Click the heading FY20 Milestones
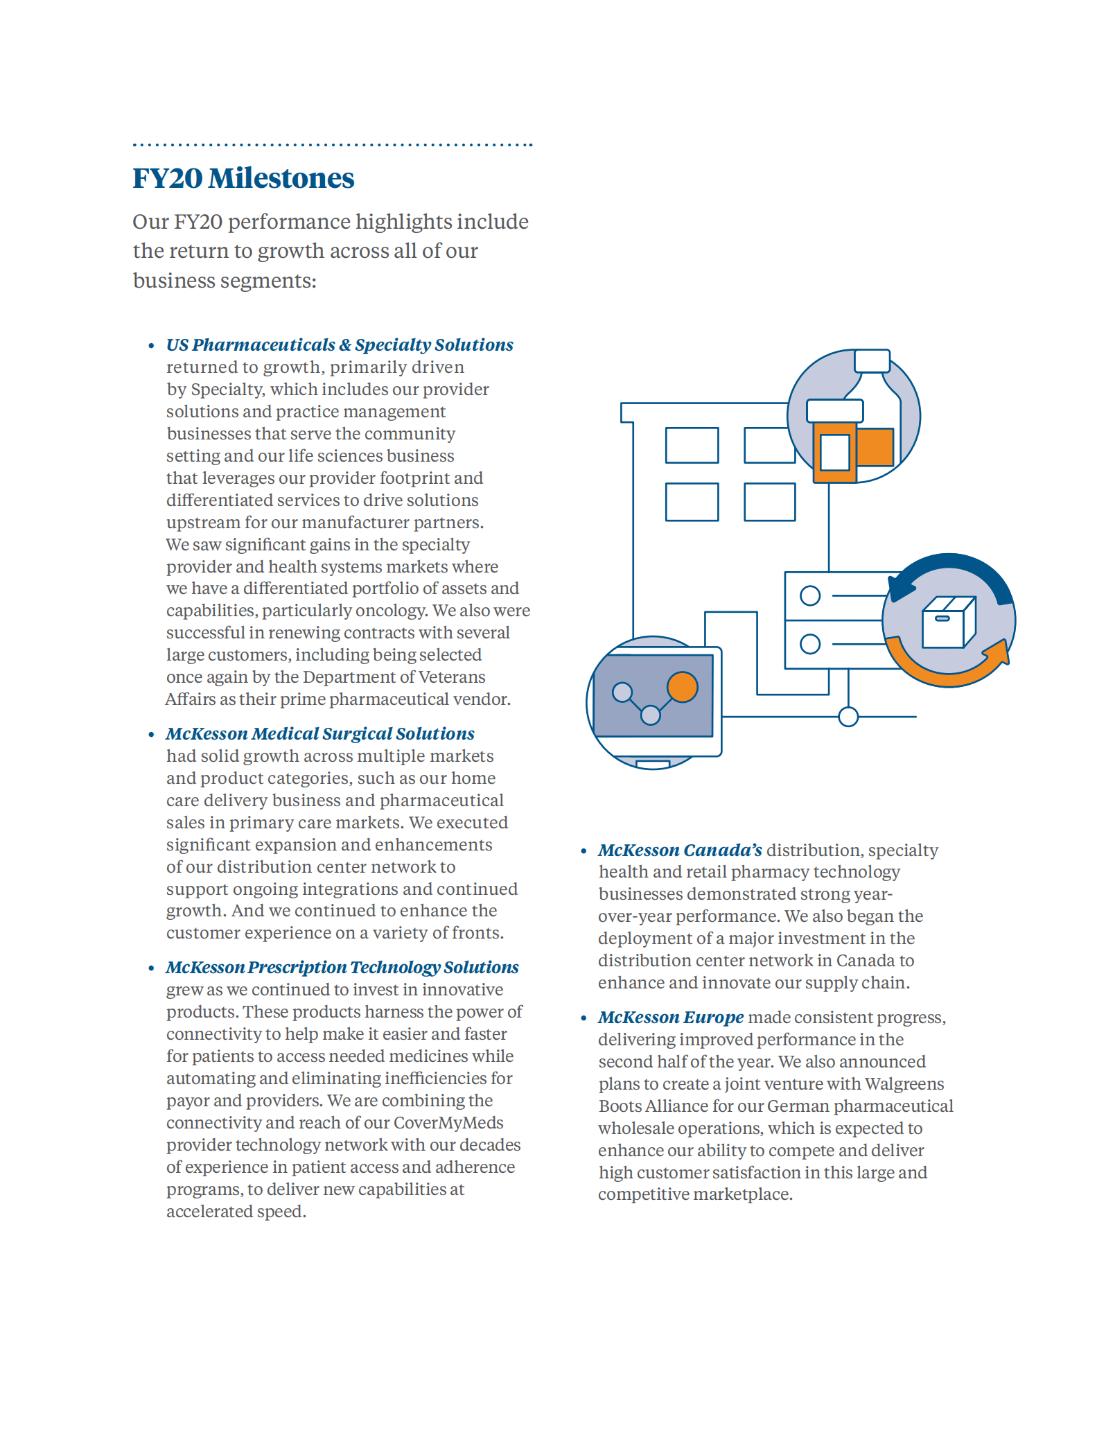(x=243, y=178)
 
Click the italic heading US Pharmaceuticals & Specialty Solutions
(x=340, y=345)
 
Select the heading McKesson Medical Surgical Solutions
(x=320, y=733)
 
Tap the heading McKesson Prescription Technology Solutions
(x=342, y=967)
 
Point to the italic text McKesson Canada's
(x=680, y=850)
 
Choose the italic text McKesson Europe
(x=671, y=1017)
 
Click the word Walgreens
(x=904, y=1083)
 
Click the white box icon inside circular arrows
(x=948, y=622)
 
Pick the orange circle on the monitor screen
(x=682, y=687)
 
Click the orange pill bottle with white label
(x=835, y=451)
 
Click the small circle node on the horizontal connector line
(x=848, y=717)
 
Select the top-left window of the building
(x=692, y=445)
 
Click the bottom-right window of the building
(x=769, y=502)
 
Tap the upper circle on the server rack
(x=810, y=595)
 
